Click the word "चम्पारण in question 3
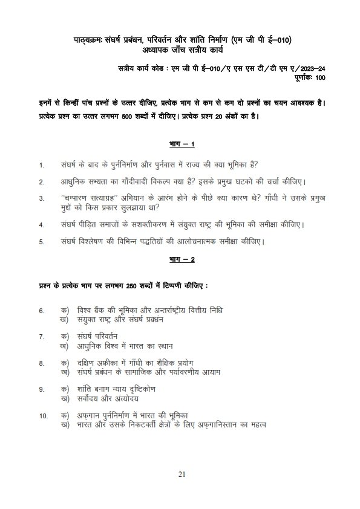click(76, 198)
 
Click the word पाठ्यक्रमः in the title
click(82, 41)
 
